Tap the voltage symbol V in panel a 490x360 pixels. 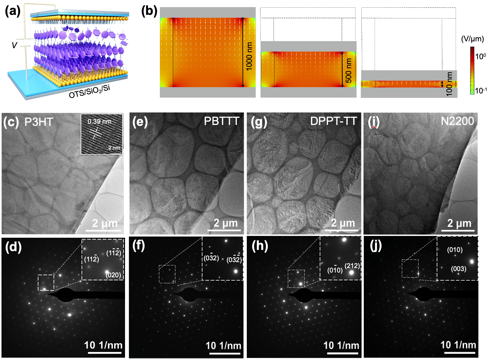[14, 45]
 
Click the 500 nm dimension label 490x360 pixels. [348, 70]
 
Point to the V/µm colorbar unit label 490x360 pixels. [472, 39]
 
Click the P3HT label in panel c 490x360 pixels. [39, 122]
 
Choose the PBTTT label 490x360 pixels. [221, 121]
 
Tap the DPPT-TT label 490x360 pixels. [333, 121]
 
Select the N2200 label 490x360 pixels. [457, 121]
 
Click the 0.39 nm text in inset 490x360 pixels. [99, 121]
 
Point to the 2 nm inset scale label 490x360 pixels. [114, 148]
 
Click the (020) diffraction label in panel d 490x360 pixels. [113, 275]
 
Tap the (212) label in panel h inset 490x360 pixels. [352, 266]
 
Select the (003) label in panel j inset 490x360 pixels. [458, 269]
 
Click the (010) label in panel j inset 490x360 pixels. [455, 250]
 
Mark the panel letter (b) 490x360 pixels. [149, 11]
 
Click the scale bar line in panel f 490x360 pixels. [225, 353]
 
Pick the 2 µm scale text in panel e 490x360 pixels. [226, 223]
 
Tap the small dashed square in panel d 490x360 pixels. [46, 283]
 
